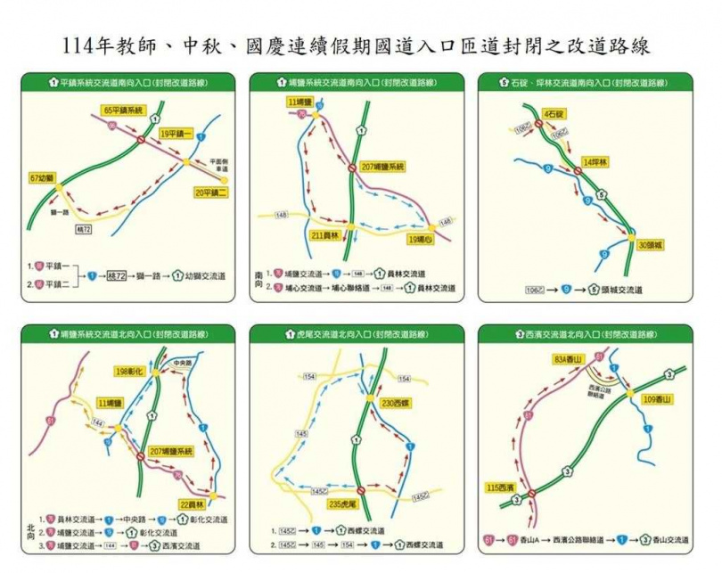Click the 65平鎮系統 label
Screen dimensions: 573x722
pyautogui.click(x=123, y=110)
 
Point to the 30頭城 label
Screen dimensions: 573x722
pyautogui.click(x=652, y=243)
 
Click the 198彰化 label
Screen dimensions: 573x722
pyautogui.click(x=131, y=370)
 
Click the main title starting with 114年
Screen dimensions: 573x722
pyautogui.click(x=361, y=45)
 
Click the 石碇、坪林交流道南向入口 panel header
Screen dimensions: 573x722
pyautogui.click(x=587, y=83)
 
